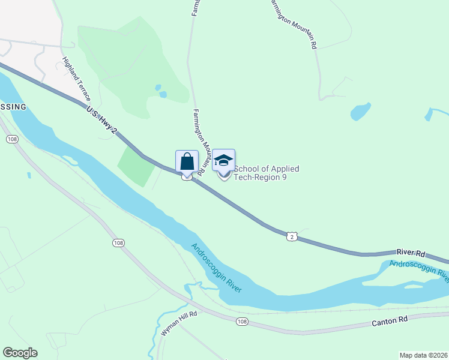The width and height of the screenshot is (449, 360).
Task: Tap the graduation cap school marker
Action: point(223,160)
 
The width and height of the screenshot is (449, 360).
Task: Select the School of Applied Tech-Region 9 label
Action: point(266,173)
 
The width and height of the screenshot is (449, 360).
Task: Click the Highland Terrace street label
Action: point(76,79)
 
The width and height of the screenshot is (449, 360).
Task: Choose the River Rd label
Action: point(411,253)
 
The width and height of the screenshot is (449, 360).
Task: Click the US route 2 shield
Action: point(292,237)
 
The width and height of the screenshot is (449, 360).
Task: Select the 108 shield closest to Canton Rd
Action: point(241,322)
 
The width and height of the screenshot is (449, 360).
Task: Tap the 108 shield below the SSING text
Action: point(11,139)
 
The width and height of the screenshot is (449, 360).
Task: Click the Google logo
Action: point(20,353)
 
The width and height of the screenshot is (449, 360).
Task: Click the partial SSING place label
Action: point(13,107)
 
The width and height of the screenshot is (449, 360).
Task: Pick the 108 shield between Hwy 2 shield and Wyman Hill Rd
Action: point(118,242)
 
